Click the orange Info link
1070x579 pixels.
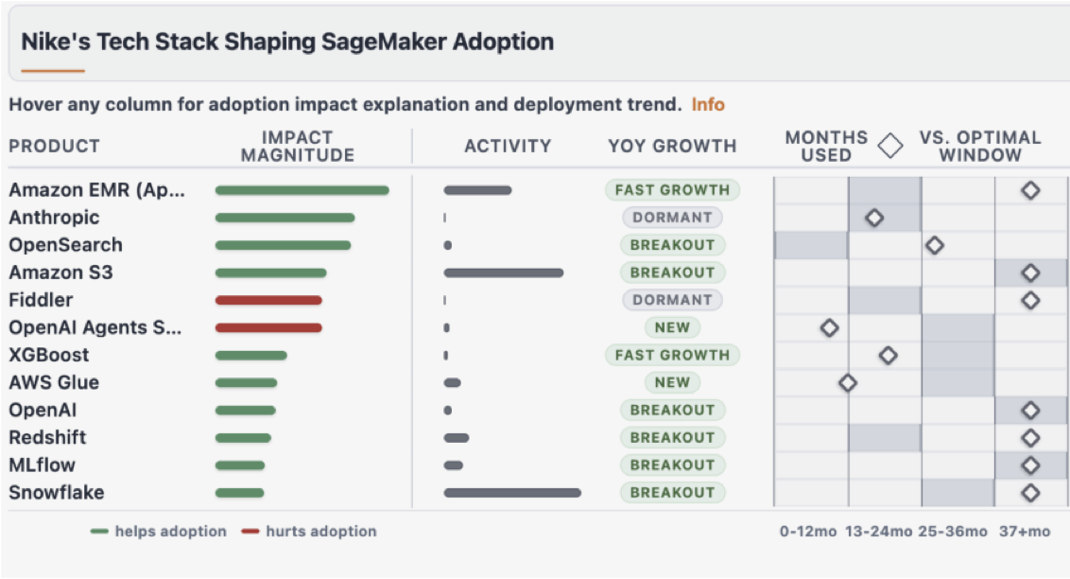(708, 104)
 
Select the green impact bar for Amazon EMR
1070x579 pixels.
(302, 190)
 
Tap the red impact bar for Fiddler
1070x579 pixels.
(268, 300)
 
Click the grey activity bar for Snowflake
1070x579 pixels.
(511, 493)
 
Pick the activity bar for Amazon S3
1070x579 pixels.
(503, 272)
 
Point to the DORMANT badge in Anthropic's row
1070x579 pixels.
(672, 218)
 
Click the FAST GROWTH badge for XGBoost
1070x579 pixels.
(672, 355)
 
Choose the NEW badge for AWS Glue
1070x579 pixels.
(672, 382)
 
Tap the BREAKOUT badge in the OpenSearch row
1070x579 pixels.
(672, 245)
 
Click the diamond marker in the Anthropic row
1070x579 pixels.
(874, 218)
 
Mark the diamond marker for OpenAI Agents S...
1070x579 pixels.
(829, 327)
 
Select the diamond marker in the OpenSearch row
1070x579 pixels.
(934, 245)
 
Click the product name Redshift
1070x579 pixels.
(47, 437)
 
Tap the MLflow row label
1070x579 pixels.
(42, 465)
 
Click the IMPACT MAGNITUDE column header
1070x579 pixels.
(298, 147)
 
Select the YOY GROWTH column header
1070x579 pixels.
(672, 146)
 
